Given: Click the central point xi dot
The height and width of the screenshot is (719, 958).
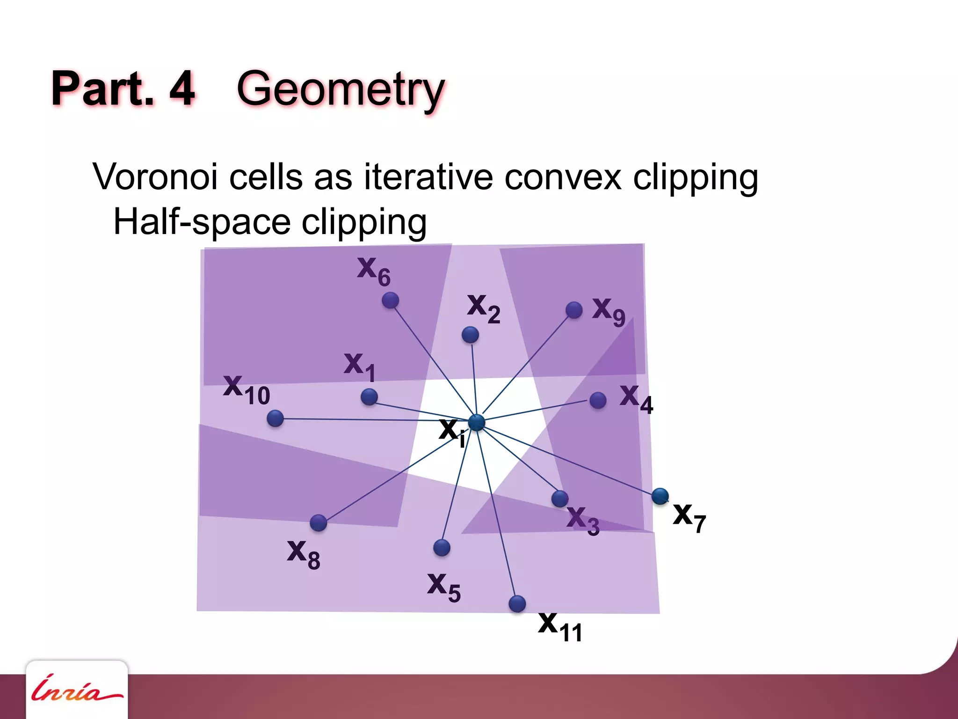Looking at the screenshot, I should [477, 422].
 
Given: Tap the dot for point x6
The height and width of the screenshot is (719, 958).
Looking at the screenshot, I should [390, 300].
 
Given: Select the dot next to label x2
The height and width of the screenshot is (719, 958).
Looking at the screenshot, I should [470, 335].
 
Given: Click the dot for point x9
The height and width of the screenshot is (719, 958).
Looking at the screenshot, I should [574, 310].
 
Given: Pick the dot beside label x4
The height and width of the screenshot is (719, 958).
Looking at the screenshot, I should [598, 400].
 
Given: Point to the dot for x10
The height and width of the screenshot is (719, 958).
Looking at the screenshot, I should [275, 418].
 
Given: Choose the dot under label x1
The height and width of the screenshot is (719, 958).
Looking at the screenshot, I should [369, 397].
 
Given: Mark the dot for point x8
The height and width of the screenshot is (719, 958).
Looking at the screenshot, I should [319, 522].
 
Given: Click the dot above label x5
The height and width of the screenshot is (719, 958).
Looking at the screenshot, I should [442, 547].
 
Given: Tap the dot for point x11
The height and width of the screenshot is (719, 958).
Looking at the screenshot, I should [517, 603].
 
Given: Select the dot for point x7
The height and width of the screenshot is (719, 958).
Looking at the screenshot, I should [660, 496].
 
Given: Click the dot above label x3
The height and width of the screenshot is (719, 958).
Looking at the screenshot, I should [560, 499].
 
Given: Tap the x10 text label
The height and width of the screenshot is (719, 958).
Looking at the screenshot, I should [247, 390].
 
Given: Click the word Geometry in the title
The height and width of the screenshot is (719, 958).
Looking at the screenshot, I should [341, 89].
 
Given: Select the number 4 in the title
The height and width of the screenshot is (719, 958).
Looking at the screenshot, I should [181, 88].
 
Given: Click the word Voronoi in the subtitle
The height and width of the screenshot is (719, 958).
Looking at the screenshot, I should [155, 177].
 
